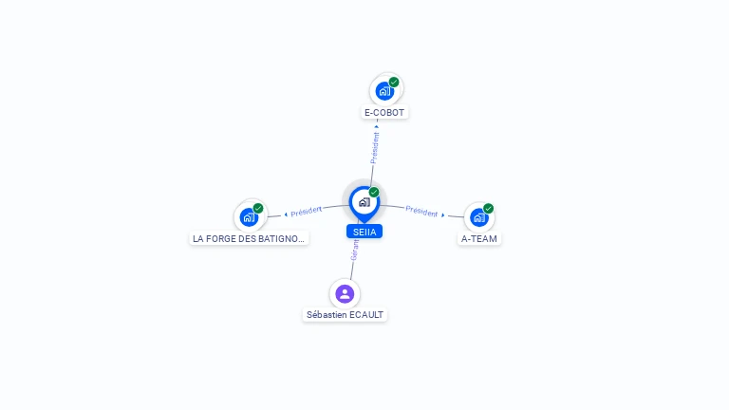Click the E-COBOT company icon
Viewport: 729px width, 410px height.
click(x=384, y=91)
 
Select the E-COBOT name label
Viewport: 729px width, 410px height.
click(x=384, y=112)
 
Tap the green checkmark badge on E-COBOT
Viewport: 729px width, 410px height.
click(x=394, y=82)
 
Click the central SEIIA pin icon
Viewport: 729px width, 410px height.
click(x=364, y=202)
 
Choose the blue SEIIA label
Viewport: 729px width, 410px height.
click(x=364, y=232)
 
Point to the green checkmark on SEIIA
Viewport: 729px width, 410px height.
click(x=374, y=192)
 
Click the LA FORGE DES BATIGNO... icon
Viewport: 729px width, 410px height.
click(x=249, y=217)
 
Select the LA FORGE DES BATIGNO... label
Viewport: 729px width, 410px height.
click(x=250, y=238)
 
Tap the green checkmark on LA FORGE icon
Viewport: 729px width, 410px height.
click(x=258, y=208)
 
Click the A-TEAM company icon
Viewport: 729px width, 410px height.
click(x=479, y=217)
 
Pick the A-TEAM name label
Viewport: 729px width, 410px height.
click(x=479, y=238)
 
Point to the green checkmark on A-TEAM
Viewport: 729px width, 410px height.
click(x=489, y=208)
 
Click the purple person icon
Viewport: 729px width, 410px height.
click(x=345, y=293)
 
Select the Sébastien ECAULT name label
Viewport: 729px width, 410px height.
click(x=346, y=314)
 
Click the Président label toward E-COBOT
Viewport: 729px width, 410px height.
click(x=375, y=149)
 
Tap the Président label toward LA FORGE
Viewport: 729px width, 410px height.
click(x=307, y=211)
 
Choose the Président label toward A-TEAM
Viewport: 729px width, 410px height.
click(x=421, y=211)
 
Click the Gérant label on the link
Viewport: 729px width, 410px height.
click(x=355, y=251)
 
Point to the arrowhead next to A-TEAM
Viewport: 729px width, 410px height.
click(x=442, y=215)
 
